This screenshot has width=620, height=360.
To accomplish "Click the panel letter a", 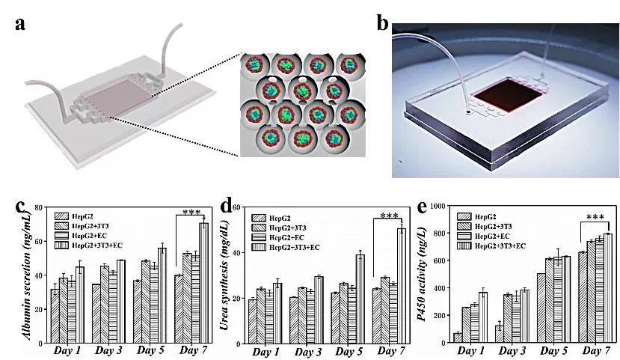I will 22,22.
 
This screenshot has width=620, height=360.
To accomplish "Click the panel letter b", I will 383,23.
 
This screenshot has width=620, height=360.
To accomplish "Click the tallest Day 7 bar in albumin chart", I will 203,283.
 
